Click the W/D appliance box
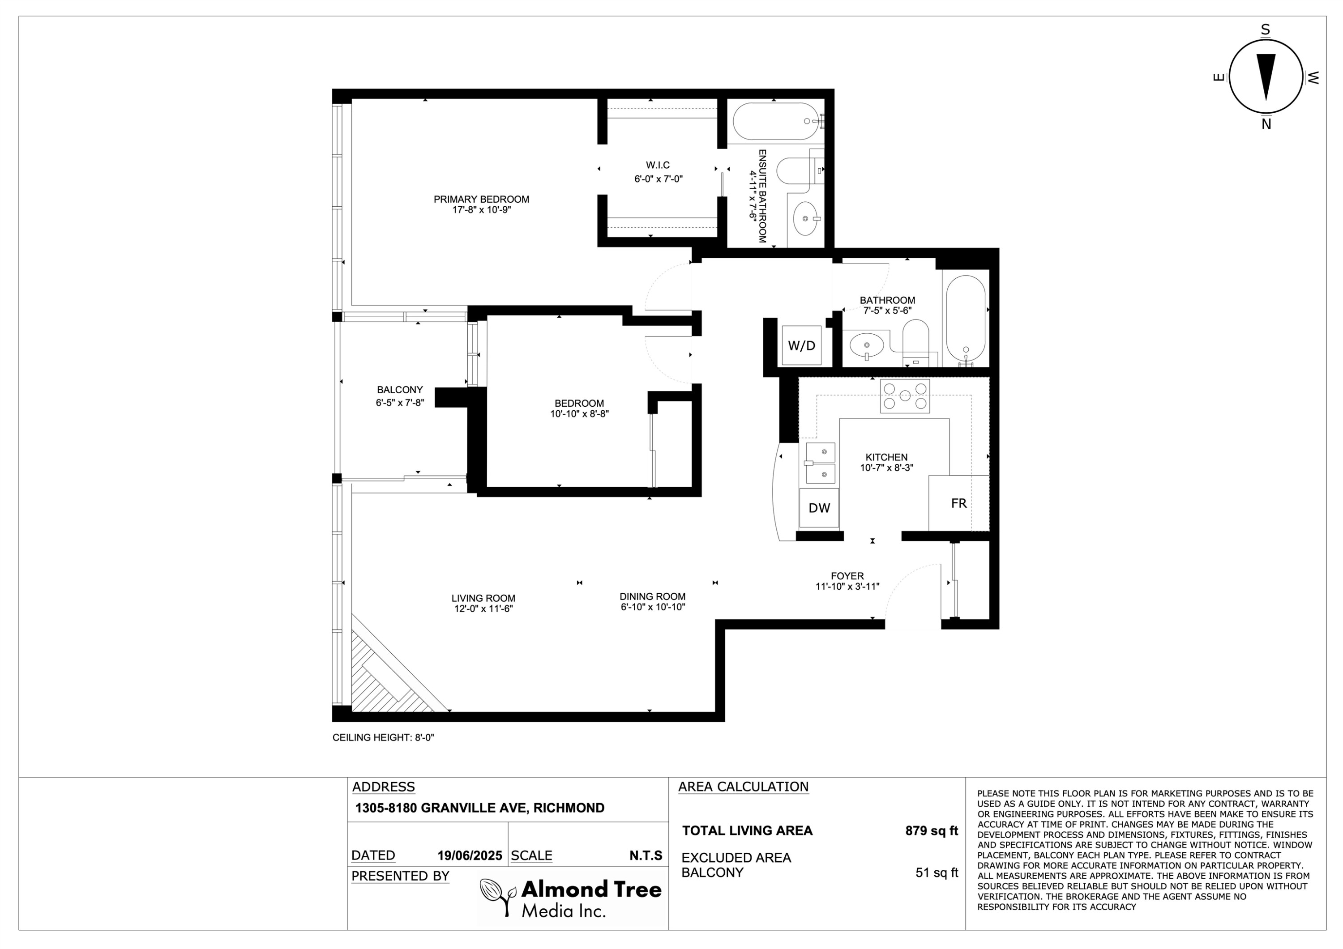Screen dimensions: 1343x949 (801, 345)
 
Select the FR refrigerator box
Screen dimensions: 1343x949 (959, 503)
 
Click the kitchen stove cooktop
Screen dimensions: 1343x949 (905, 396)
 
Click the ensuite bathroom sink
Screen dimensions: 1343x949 (807, 218)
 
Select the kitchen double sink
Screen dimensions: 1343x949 (820, 463)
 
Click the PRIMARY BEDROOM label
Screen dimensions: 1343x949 (481, 200)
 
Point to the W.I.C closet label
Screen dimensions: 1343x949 (658, 166)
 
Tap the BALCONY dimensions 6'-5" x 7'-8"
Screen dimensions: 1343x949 (400, 402)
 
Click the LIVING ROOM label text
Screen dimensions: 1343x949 (483, 598)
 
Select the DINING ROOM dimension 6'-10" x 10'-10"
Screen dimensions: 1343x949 (653, 607)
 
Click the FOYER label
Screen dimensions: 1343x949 (847, 576)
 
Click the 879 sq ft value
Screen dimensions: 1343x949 (932, 830)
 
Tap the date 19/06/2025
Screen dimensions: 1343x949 (470, 855)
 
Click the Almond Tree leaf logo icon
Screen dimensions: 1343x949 (498, 896)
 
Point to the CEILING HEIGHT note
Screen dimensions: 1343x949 (383, 737)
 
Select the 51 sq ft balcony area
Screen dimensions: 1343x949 (937, 873)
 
